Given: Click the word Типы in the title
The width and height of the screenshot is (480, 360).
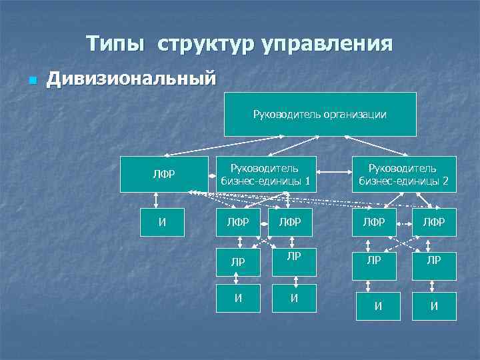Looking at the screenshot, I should pyautogui.click(x=114, y=44).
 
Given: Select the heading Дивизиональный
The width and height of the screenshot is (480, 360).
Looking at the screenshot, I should pyautogui.click(x=131, y=79).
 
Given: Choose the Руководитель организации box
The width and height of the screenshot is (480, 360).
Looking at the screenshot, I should pyautogui.click(x=319, y=114).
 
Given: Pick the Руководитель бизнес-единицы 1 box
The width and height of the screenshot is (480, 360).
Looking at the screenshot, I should pyautogui.click(x=265, y=174).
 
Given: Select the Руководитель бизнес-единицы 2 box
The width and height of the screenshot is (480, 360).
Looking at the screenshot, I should pyautogui.click(x=403, y=174).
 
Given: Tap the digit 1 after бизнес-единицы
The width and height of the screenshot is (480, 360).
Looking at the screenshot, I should pyautogui.click(x=307, y=180).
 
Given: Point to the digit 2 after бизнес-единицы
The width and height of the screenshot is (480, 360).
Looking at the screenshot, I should pyautogui.click(x=445, y=180).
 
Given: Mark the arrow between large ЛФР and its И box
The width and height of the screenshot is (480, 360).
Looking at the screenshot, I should pyautogui.click(x=157, y=201).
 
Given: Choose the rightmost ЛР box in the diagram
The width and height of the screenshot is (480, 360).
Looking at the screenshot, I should pyautogui.click(x=433, y=261).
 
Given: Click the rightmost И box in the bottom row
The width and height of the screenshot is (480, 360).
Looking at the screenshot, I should pyautogui.click(x=434, y=307).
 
